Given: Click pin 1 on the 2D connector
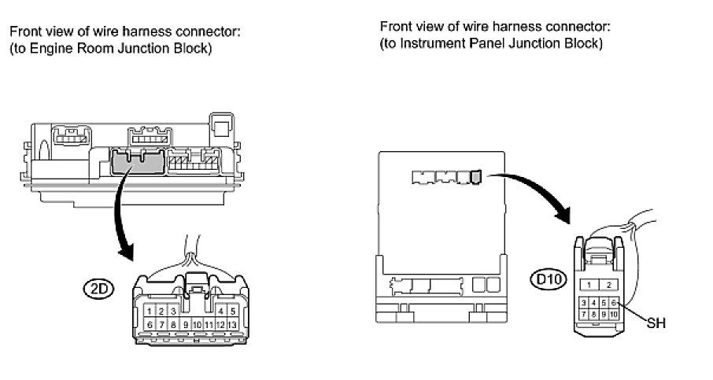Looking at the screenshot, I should pyautogui.click(x=150, y=312).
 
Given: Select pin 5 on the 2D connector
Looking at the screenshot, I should pyautogui.click(x=234, y=312).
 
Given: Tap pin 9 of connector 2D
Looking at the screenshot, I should pyautogui.click(x=186, y=323).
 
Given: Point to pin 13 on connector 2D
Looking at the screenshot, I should pyautogui.click(x=234, y=323).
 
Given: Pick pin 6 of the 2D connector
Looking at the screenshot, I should pyautogui.click(x=150, y=323).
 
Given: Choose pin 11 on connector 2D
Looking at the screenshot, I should pyautogui.click(x=209, y=323).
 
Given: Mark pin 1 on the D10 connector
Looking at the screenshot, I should pyautogui.click(x=589, y=284).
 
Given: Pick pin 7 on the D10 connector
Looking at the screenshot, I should pyautogui.click(x=583, y=314).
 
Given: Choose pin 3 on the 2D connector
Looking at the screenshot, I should pyautogui.click(x=172, y=312).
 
